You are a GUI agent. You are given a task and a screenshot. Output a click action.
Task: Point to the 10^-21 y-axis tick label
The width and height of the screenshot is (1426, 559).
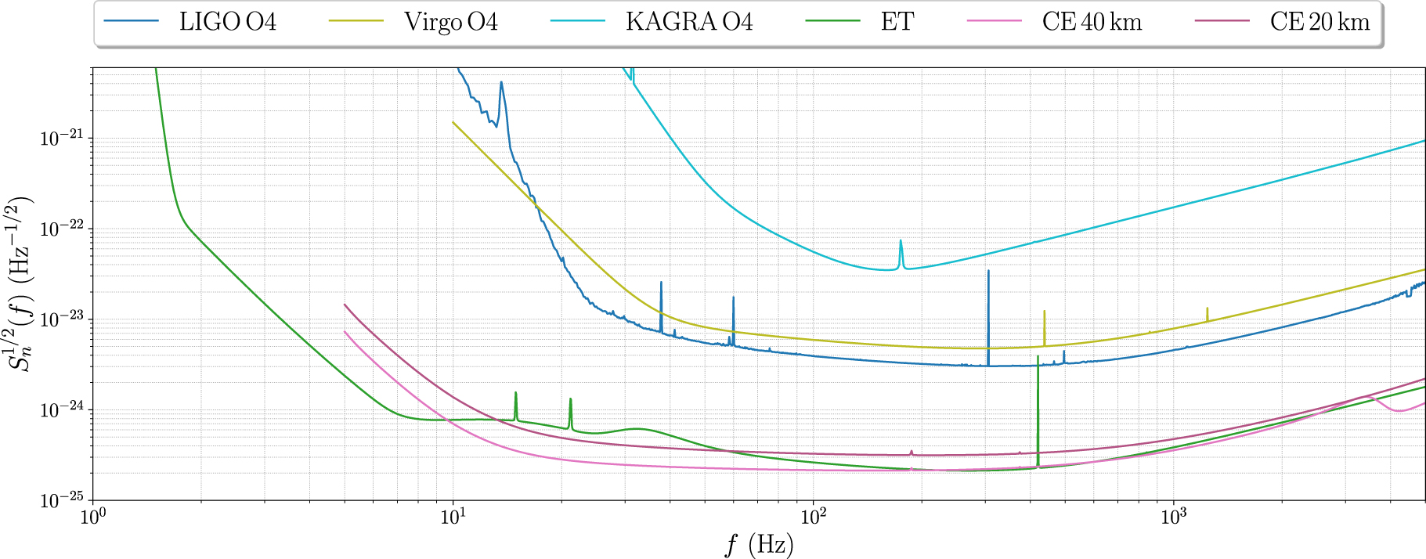click(61, 139)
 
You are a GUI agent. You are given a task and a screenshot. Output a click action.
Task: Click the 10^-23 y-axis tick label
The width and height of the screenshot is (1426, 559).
click(61, 320)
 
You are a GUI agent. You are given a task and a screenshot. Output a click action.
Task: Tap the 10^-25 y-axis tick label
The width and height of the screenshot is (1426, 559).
click(61, 501)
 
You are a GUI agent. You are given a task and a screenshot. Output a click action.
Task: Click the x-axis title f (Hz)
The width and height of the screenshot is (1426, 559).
click(758, 543)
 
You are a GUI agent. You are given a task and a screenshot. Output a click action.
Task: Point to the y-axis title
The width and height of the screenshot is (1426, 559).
click(21, 283)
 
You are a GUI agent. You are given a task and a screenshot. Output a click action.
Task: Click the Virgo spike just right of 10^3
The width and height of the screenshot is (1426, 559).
click(1207, 312)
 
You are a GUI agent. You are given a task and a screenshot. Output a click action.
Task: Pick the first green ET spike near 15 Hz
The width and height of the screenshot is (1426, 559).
click(515, 399)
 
